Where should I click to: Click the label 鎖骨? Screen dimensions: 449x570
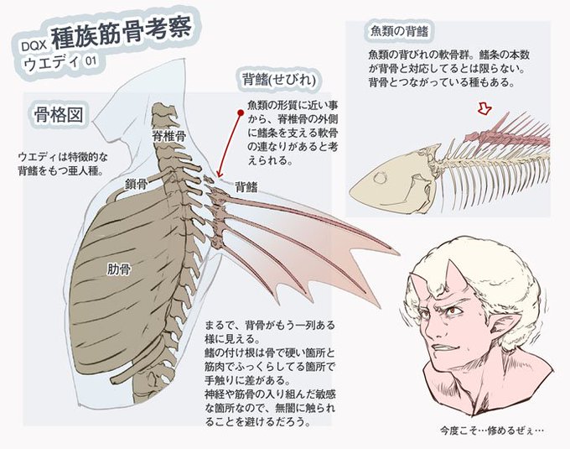pos(136,182)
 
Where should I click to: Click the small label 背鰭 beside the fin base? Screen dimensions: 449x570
pos(246,186)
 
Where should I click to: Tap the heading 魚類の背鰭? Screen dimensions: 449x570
pos(400,31)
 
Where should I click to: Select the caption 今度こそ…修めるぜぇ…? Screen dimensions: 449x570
pos(490,431)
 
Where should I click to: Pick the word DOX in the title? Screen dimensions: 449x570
pos(32,47)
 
